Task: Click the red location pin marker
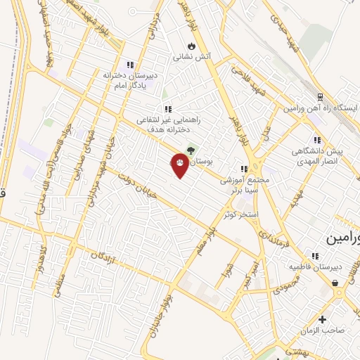click(x=179, y=165)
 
